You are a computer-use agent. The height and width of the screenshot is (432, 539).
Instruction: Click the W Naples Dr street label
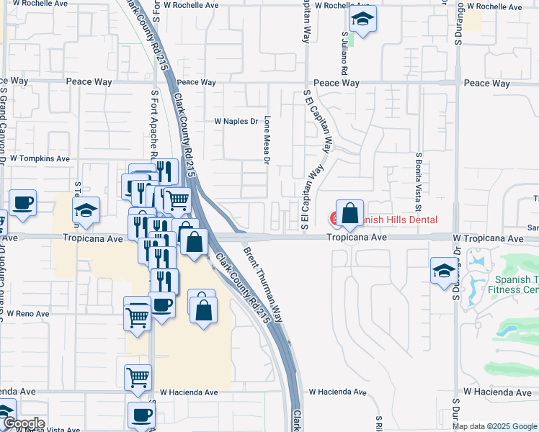point(236,121)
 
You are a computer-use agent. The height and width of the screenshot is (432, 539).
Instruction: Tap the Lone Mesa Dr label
point(267,140)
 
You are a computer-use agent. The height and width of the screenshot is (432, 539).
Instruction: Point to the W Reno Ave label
point(28,313)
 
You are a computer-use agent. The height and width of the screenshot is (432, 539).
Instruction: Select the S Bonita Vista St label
point(418,179)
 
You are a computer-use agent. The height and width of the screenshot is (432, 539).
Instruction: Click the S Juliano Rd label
point(345,53)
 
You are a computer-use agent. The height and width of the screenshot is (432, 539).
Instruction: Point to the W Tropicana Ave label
point(488,238)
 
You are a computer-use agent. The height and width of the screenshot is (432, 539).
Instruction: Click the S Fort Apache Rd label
point(154,122)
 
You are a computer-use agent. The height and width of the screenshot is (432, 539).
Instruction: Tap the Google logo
point(23,423)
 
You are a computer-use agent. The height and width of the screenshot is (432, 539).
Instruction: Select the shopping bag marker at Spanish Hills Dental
point(349,213)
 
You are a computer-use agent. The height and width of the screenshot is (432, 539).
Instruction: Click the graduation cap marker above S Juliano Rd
point(362,19)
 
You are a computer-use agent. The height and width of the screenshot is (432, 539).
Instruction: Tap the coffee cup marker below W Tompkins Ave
point(22,204)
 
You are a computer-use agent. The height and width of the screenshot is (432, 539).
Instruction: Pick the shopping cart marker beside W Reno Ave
point(137,314)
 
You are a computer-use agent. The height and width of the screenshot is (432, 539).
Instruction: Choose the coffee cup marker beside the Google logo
point(141,415)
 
